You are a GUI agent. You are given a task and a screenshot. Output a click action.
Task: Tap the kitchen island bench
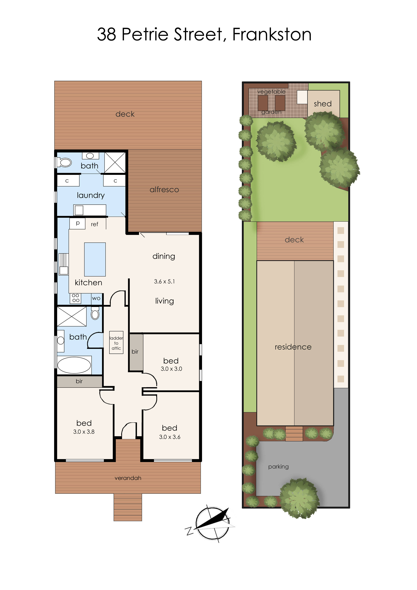95,259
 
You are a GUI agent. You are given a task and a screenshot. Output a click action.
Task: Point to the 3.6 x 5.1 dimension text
164,282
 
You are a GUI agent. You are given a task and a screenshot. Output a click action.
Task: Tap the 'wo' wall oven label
96,298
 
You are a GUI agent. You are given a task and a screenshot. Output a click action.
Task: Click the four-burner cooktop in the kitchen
75,298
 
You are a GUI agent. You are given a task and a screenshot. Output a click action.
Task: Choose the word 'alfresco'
164,190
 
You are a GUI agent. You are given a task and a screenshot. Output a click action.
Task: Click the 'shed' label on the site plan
323,104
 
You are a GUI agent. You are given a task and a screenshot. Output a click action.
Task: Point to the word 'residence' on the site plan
293,347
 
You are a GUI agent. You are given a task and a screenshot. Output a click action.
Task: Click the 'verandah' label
128,478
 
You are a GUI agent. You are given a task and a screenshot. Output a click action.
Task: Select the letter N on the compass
189,531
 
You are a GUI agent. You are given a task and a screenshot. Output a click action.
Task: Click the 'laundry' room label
91,195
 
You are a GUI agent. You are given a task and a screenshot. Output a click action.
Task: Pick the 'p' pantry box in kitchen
77,223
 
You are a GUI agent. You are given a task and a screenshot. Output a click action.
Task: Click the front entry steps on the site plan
294,433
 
